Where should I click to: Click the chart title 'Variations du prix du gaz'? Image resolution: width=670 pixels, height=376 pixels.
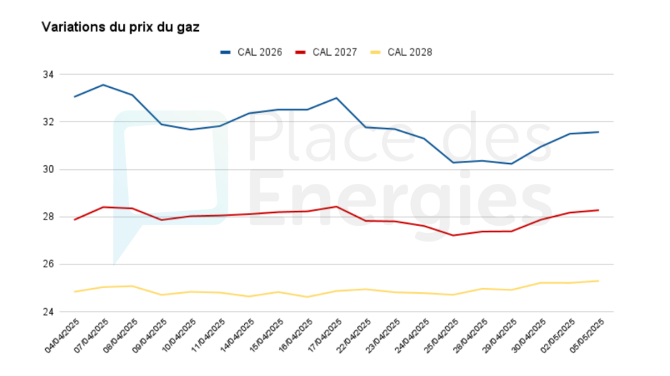120,27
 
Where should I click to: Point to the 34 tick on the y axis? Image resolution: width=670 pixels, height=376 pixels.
49,74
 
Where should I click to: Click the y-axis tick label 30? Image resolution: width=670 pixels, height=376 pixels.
49,169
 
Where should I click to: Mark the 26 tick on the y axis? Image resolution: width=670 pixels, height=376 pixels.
49,264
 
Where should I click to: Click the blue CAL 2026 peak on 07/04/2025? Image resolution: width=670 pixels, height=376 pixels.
104,85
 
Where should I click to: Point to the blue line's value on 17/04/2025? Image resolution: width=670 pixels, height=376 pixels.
336,98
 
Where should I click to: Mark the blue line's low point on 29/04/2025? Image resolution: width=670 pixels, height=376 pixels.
511,164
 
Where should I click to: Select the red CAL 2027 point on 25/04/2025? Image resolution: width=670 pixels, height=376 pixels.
453,235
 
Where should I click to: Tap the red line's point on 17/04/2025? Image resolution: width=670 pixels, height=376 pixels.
336,207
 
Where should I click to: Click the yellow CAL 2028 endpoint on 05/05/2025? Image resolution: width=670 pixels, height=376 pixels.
598,281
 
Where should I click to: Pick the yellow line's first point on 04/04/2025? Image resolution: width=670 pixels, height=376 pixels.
74,292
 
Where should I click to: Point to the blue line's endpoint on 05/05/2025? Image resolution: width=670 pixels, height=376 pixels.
598,132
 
